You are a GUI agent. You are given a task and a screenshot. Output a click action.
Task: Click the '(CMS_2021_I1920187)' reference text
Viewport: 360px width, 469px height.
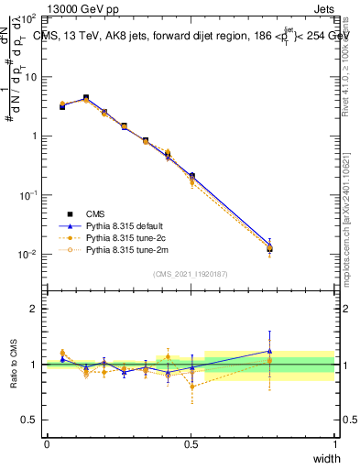pyautogui.click(x=191, y=274)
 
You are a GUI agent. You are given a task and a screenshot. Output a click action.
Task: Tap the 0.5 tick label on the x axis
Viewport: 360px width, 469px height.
pyautogui.click(x=191, y=443)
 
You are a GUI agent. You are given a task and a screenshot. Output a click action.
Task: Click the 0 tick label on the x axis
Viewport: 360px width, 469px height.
pyautogui.click(x=47, y=443)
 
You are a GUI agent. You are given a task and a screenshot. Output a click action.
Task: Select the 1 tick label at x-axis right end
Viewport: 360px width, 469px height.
pyautogui.click(x=334, y=443)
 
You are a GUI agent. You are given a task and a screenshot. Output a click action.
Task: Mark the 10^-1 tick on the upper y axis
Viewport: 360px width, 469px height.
pyautogui.click(x=27, y=195)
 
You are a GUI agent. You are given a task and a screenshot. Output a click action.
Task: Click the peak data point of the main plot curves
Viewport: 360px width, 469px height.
pyautogui.click(x=86, y=98)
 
